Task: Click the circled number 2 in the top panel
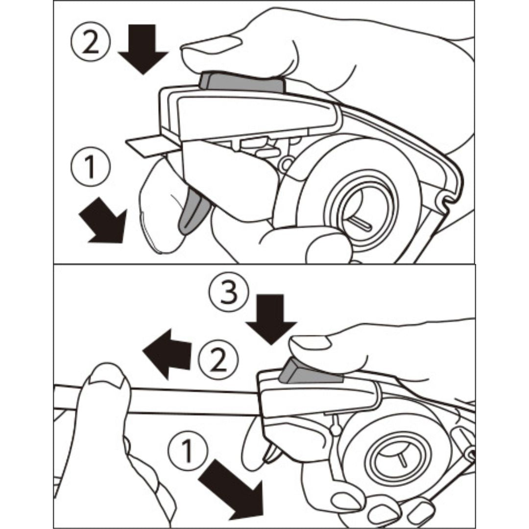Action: pyautogui.click(x=90, y=41)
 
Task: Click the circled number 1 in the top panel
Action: pyautogui.click(x=91, y=167)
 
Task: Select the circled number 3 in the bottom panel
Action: pyautogui.click(x=228, y=291)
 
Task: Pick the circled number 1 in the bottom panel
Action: pyautogui.click(x=187, y=451)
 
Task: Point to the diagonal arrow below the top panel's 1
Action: pyautogui.click(x=103, y=220)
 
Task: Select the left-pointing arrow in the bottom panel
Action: pyautogui.click(x=167, y=354)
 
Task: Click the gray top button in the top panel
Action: pyautogui.click(x=242, y=82)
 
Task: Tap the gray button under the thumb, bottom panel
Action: pyautogui.click(x=310, y=373)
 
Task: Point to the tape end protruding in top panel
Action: pyautogui.click(x=152, y=145)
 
